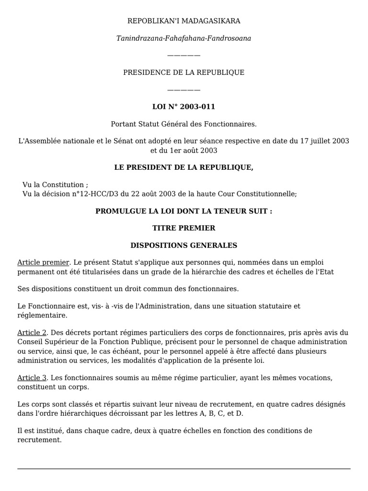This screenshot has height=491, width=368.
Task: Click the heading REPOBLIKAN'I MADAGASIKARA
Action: click(184, 21)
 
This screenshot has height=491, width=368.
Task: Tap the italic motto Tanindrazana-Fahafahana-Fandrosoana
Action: click(184, 38)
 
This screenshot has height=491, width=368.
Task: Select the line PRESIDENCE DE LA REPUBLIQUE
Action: click(184, 72)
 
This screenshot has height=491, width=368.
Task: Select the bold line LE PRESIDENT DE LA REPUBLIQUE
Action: click(184, 167)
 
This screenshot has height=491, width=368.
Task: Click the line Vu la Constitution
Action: click(55, 185)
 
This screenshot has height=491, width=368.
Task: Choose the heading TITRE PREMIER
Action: click(184, 228)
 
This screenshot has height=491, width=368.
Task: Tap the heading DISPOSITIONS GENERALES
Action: click(184, 245)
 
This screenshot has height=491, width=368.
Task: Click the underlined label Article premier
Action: click(44, 263)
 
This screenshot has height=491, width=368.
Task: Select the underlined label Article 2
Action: click(32, 332)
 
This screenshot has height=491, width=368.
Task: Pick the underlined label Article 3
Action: click(32, 378)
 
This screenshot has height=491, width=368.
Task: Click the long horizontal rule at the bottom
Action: click(184, 468)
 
